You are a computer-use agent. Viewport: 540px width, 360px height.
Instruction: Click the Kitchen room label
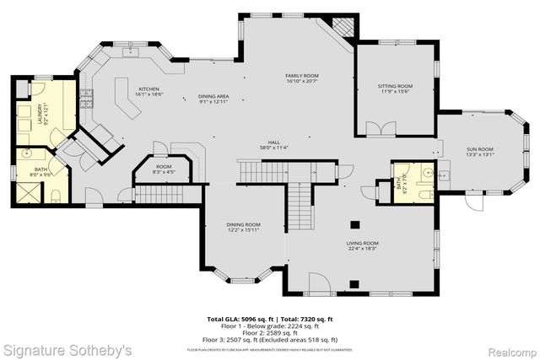[148, 89]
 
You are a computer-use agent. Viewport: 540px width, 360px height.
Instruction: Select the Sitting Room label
[394, 86]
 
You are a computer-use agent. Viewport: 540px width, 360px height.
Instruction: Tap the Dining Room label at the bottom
[242, 224]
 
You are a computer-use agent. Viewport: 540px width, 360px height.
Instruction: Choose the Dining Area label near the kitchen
[214, 97]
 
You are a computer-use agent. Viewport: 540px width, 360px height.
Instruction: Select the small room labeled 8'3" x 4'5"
[164, 169]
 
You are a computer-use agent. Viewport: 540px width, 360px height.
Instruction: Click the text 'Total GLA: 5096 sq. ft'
[240, 319]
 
